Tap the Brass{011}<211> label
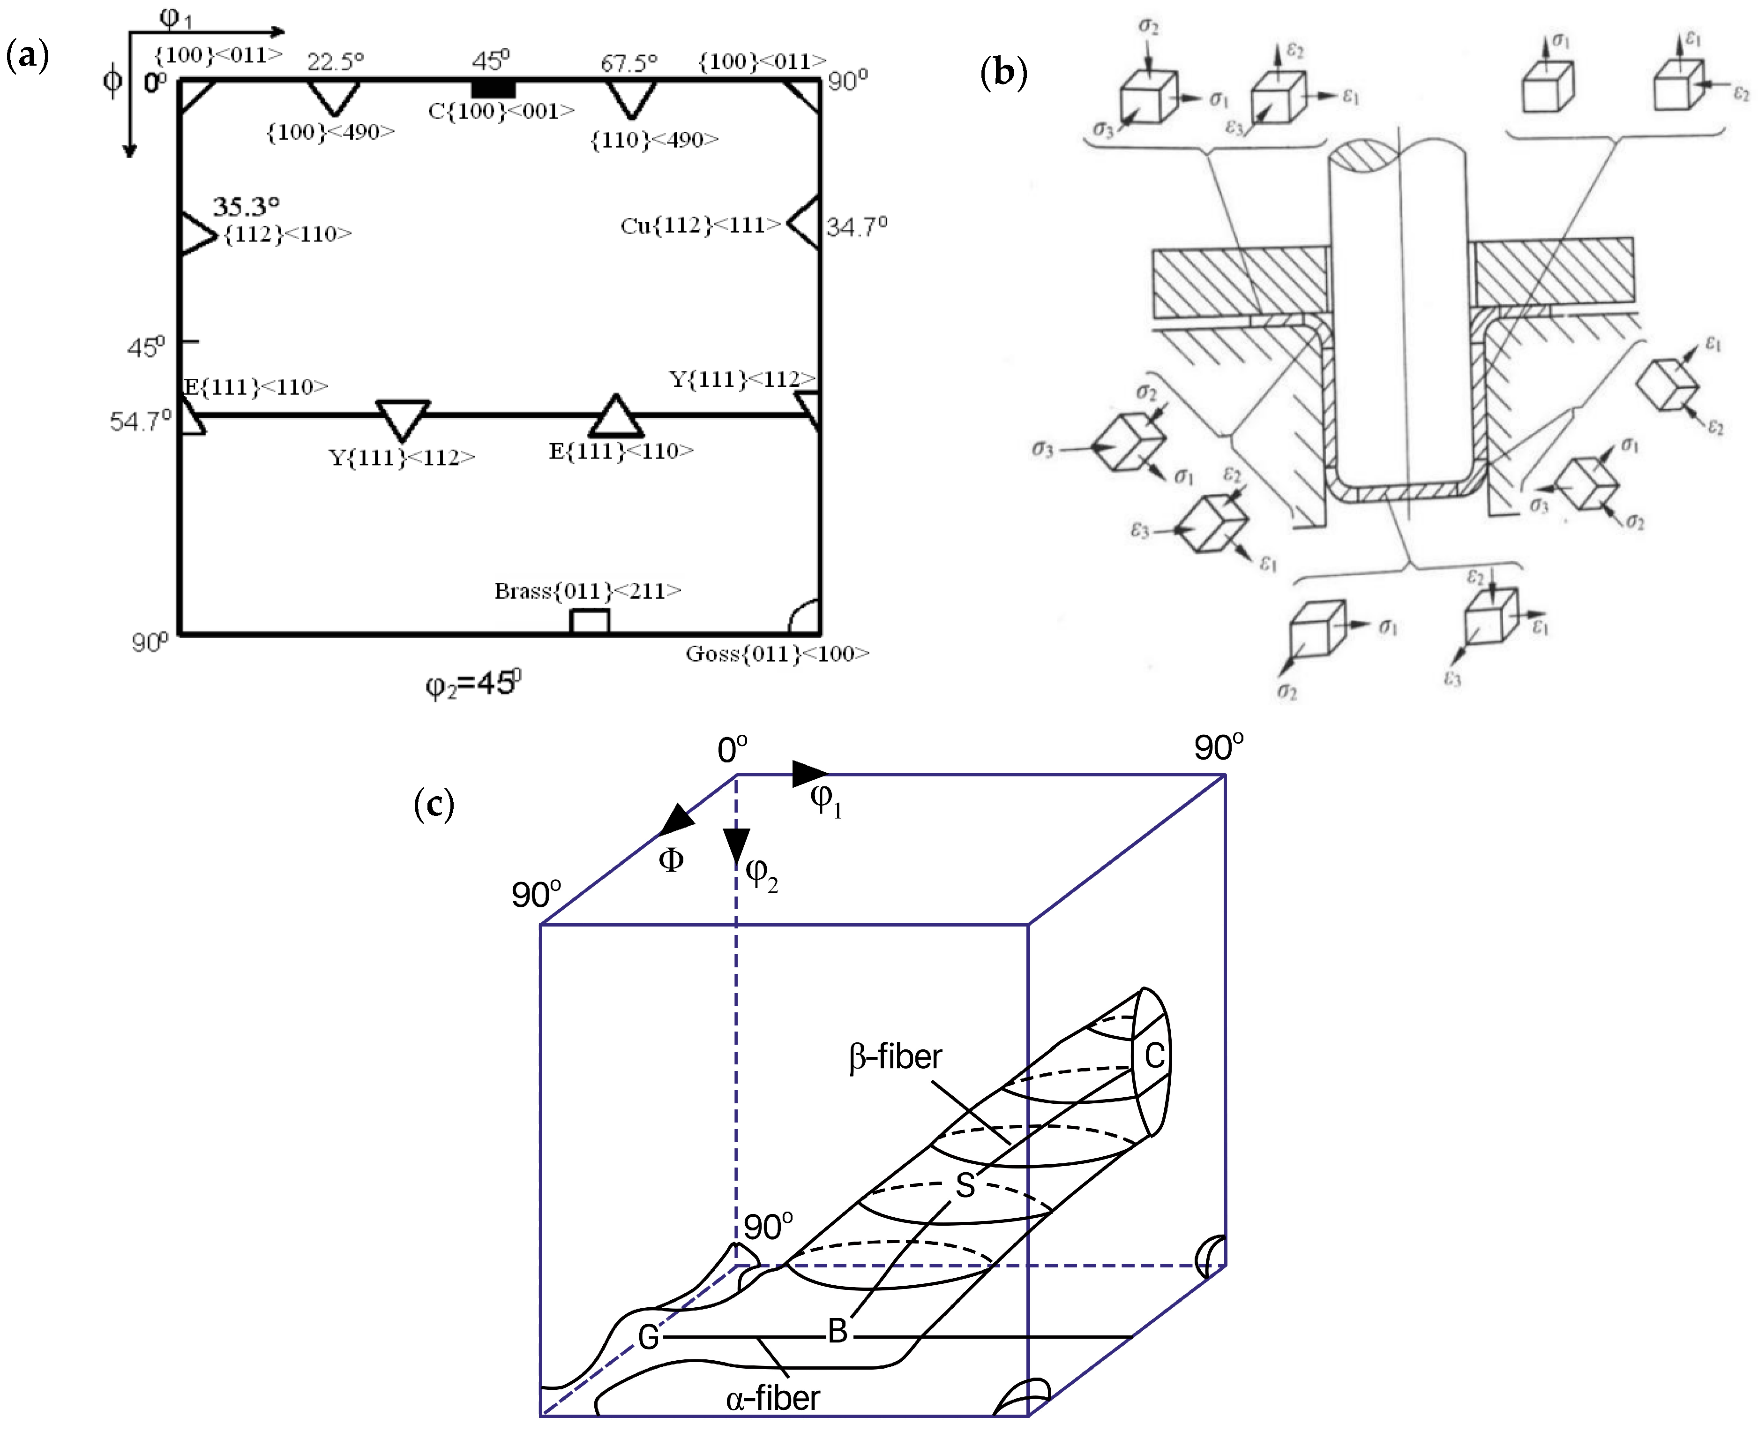[587, 591]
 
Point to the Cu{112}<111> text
[699, 225]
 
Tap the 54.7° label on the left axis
[140, 422]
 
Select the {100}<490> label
[330, 132]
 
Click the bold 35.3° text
[246, 206]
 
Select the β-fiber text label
[895, 1057]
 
